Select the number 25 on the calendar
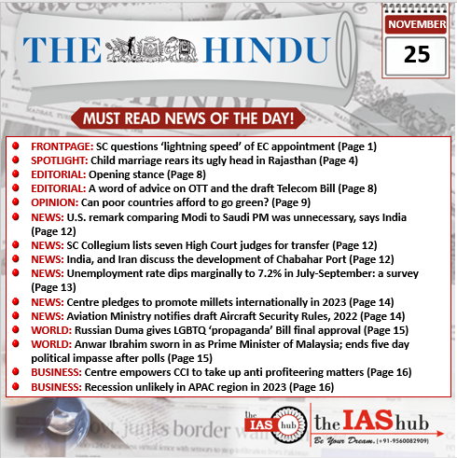[417, 54]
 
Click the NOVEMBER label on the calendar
[417, 23]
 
